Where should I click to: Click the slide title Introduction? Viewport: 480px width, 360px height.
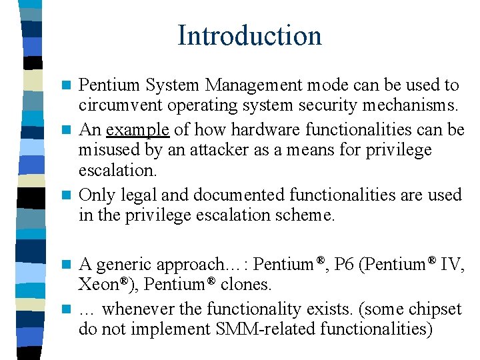pyautogui.click(x=249, y=35)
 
